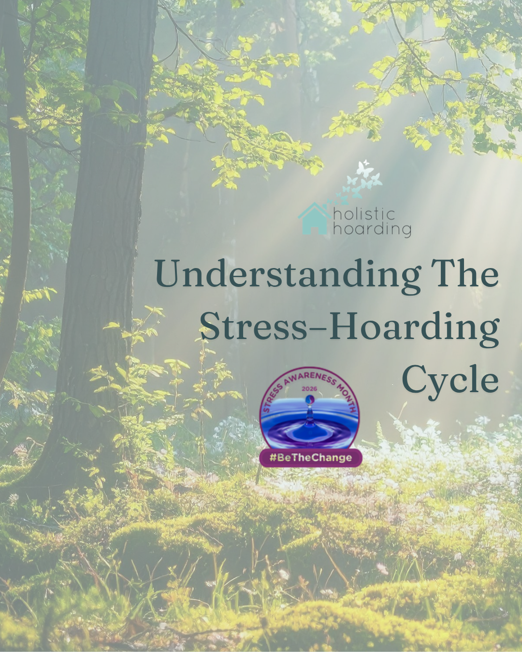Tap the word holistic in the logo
tap(364, 214)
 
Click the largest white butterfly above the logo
tap(365, 169)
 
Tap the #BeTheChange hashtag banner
tap(311, 457)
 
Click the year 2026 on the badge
tap(309, 389)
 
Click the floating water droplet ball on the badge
tap(310, 400)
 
